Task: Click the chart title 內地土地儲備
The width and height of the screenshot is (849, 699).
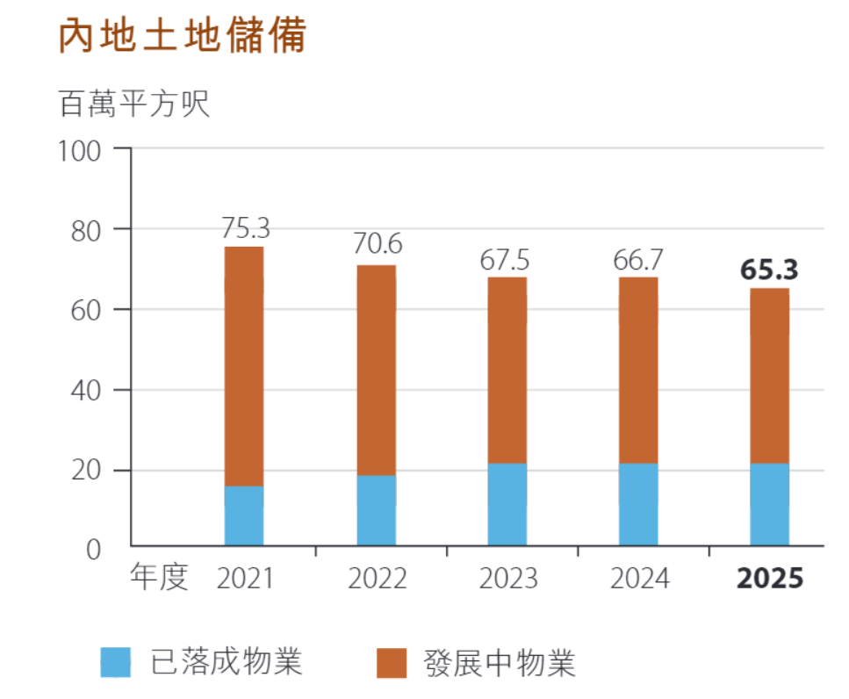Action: pyautogui.click(x=183, y=37)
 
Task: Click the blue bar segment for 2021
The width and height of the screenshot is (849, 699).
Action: pyautogui.click(x=244, y=515)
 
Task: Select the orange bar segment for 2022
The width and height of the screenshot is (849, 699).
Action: pyautogui.click(x=376, y=370)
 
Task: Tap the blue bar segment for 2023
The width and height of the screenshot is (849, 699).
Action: pyautogui.click(x=507, y=504)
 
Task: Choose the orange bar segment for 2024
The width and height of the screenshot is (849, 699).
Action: pyautogui.click(x=638, y=370)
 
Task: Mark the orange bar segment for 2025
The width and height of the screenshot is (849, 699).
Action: pyautogui.click(x=769, y=375)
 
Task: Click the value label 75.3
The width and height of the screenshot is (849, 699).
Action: pyautogui.click(x=245, y=228)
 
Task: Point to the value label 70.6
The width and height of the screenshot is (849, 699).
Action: pyautogui.click(x=378, y=245)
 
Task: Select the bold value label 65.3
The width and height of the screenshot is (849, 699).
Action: pyautogui.click(x=769, y=270)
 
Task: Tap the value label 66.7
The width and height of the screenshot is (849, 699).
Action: pyautogui.click(x=638, y=260)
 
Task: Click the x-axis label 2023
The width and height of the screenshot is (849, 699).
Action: pyautogui.click(x=508, y=580)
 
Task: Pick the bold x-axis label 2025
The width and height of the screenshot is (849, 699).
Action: pyautogui.click(x=770, y=580)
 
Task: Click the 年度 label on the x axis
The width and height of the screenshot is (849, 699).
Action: pyautogui.click(x=159, y=578)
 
